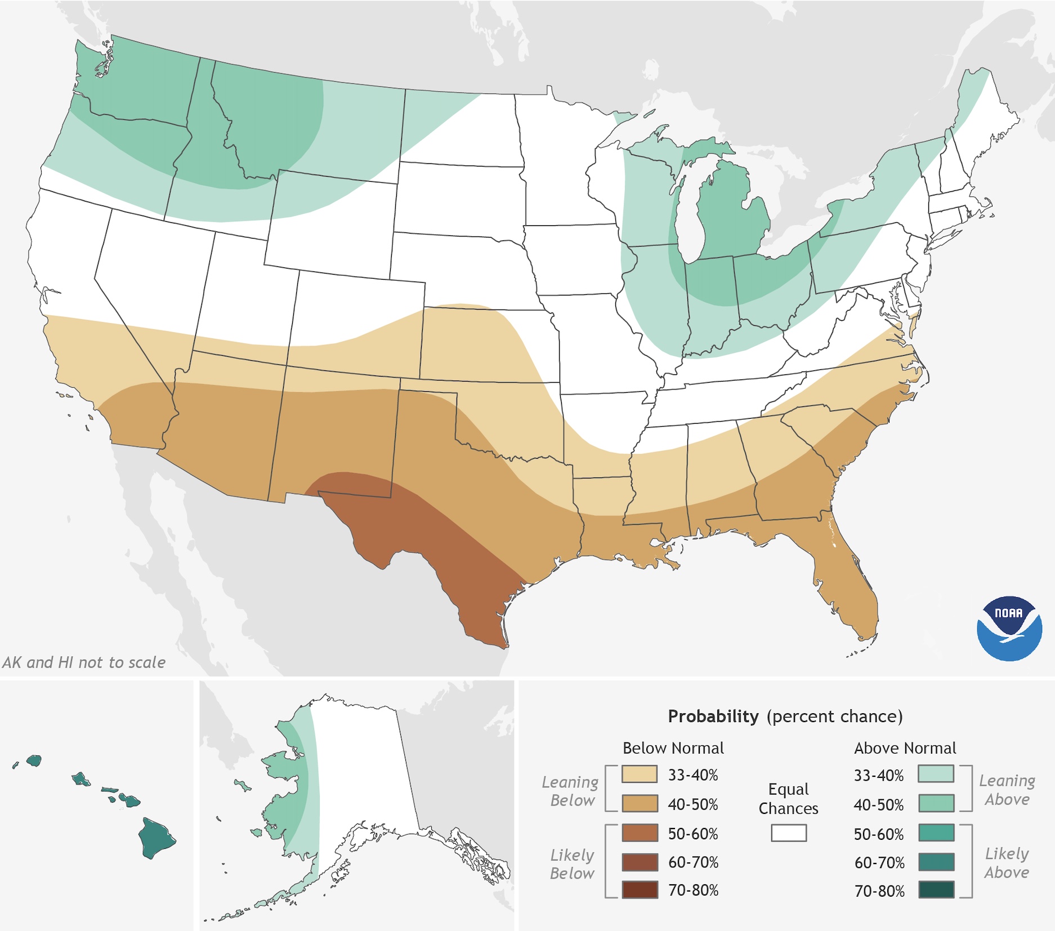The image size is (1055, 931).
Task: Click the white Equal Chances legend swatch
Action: (788, 833)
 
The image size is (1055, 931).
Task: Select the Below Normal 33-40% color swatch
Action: (640, 774)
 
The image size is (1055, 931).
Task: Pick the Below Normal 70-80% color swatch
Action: (640, 890)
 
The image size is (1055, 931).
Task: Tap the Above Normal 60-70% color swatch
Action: (936, 862)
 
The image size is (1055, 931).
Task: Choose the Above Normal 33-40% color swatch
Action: (936, 774)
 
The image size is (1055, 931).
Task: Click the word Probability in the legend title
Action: (713, 716)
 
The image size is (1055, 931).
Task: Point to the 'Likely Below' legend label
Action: (572, 864)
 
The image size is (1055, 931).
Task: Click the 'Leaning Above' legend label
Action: (1007, 790)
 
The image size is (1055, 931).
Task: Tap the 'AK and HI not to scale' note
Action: (84, 663)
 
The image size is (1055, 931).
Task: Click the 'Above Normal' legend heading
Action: (905, 748)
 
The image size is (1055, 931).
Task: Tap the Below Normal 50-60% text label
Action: (692, 834)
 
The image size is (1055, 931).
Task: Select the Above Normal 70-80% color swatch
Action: (936, 890)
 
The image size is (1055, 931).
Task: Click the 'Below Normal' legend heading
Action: (673, 748)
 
